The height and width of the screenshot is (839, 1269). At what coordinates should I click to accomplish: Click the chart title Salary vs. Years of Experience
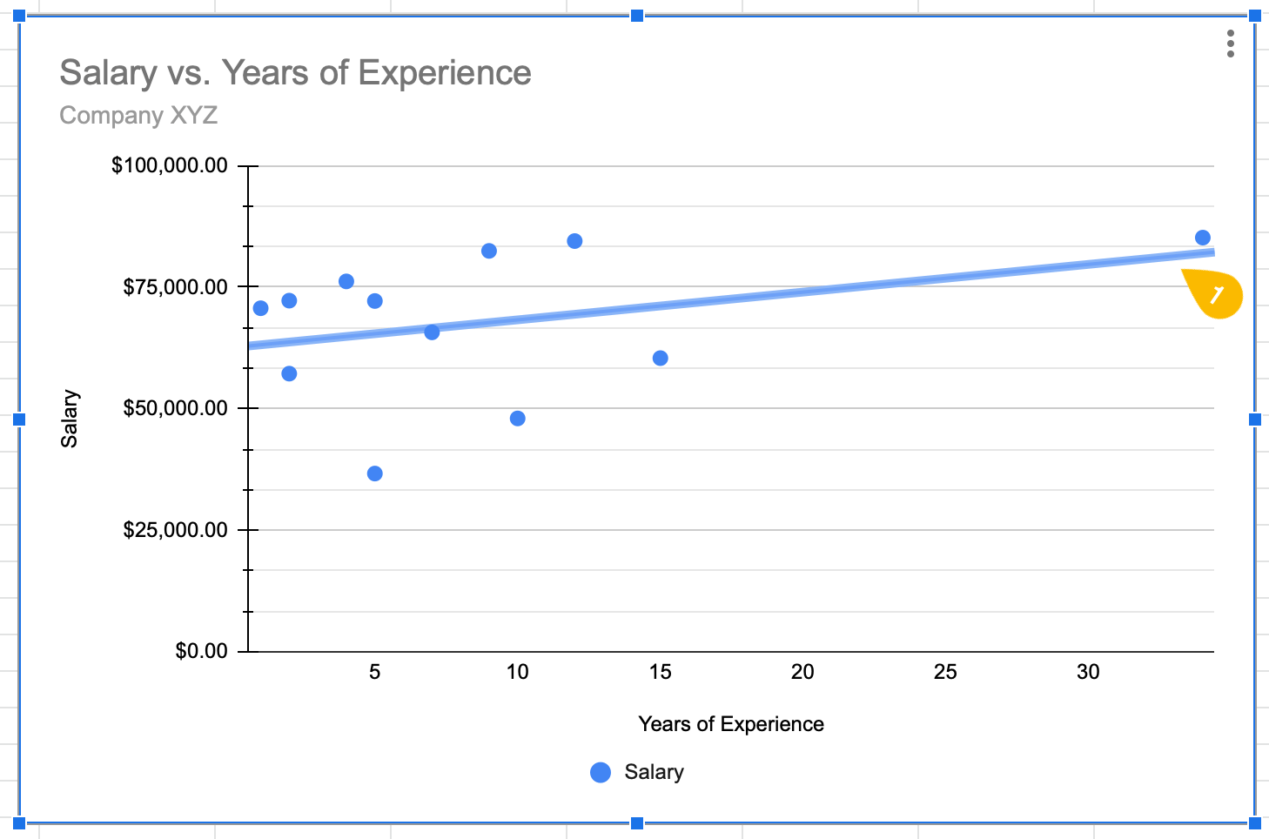pos(295,73)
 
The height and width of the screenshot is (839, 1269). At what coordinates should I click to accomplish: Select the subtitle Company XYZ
pos(138,116)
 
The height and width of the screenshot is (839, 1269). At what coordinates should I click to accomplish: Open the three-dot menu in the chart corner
pos(1230,44)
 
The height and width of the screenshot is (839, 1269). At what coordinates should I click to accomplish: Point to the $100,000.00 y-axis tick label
pos(170,165)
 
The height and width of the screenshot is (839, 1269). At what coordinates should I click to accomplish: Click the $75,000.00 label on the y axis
pos(175,287)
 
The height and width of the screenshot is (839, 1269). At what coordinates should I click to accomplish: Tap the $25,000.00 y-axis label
pos(175,530)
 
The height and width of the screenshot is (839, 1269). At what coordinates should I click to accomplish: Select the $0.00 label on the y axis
pos(201,651)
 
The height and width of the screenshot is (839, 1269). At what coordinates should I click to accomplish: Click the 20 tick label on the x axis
pos(802,672)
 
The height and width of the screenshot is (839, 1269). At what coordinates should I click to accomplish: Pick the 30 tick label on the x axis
pos(1088,672)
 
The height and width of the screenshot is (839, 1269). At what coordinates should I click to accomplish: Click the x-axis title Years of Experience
pos(730,724)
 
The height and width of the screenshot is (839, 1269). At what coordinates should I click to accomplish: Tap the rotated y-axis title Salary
pos(70,419)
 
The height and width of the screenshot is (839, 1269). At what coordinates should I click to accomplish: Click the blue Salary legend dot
pos(601,772)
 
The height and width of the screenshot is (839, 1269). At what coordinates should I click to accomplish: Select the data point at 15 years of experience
pos(661,359)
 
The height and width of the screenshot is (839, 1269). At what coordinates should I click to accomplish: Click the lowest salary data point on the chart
pos(375,473)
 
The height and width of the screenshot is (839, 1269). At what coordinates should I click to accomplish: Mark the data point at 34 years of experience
pos(1203,238)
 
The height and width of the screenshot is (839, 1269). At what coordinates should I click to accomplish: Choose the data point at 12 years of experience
pos(574,241)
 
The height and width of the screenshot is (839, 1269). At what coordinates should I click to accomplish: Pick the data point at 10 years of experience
pos(518,419)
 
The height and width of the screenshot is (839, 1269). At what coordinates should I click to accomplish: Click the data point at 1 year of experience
pos(260,308)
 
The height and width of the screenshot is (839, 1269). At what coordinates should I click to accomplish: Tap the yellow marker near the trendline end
pos(1216,295)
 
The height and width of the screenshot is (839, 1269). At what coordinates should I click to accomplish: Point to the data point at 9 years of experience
pos(489,251)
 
